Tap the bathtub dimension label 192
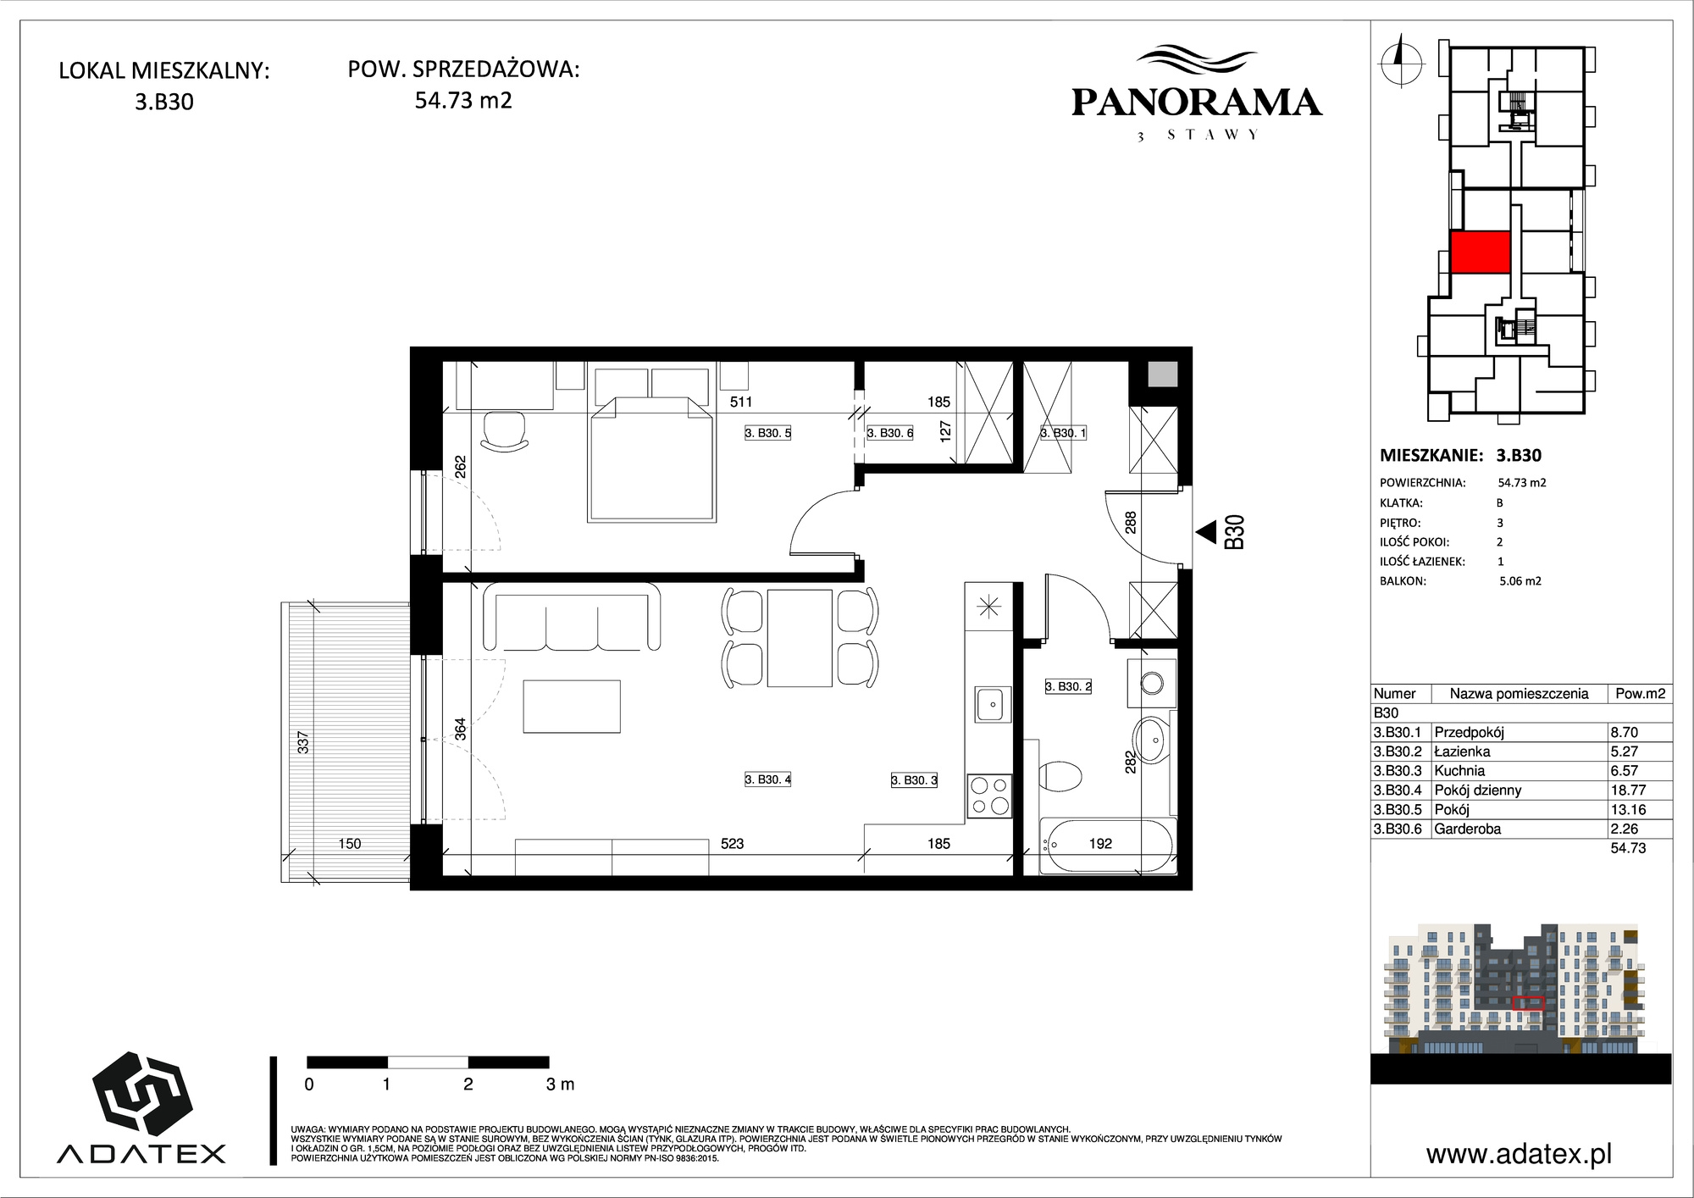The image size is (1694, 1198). [1100, 843]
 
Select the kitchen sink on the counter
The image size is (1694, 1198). [992, 703]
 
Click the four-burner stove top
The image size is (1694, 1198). [989, 796]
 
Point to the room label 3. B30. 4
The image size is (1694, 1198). [767, 779]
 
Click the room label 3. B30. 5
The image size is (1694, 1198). [767, 433]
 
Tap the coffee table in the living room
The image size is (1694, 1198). [572, 707]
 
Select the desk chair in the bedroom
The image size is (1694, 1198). [505, 431]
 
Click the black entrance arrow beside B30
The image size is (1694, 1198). [1205, 532]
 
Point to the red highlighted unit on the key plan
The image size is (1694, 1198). [1481, 252]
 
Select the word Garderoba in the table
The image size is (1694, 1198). [1468, 829]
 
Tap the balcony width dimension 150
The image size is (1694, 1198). [349, 843]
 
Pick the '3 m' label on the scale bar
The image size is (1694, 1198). [560, 1084]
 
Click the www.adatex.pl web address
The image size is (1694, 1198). [1519, 1154]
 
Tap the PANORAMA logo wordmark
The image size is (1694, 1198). [1196, 103]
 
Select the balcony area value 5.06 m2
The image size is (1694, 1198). [1520, 581]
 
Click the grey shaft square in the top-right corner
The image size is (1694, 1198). [1161, 374]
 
